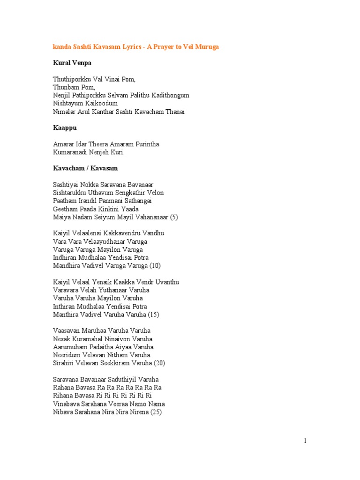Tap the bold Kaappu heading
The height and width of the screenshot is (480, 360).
(65, 127)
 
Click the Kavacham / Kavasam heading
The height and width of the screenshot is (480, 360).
(85, 168)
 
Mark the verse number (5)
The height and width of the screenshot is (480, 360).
(174, 217)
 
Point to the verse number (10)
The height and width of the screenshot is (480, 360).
(155, 266)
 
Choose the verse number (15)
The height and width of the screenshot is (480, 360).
(153, 315)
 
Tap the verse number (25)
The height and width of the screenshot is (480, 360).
(156, 412)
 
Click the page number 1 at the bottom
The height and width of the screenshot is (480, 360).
(305, 441)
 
